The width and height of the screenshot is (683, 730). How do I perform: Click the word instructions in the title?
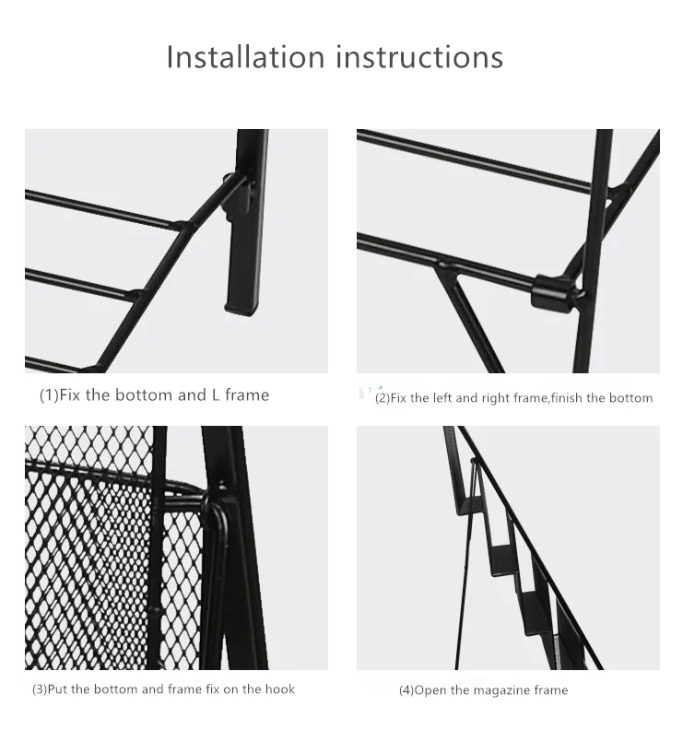[419, 57]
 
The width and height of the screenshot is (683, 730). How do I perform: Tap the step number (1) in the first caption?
[48, 395]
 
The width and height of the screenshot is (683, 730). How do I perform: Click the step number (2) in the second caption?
[382, 398]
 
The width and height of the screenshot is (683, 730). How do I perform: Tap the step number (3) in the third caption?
[41, 689]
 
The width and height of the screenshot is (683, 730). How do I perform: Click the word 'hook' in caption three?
[277, 689]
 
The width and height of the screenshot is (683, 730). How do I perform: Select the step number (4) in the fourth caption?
[406, 690]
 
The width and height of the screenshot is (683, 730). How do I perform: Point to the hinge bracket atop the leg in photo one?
[239, 194]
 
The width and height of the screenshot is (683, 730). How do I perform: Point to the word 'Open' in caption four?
[430, 690]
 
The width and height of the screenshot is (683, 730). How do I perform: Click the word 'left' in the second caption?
[442, 398]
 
